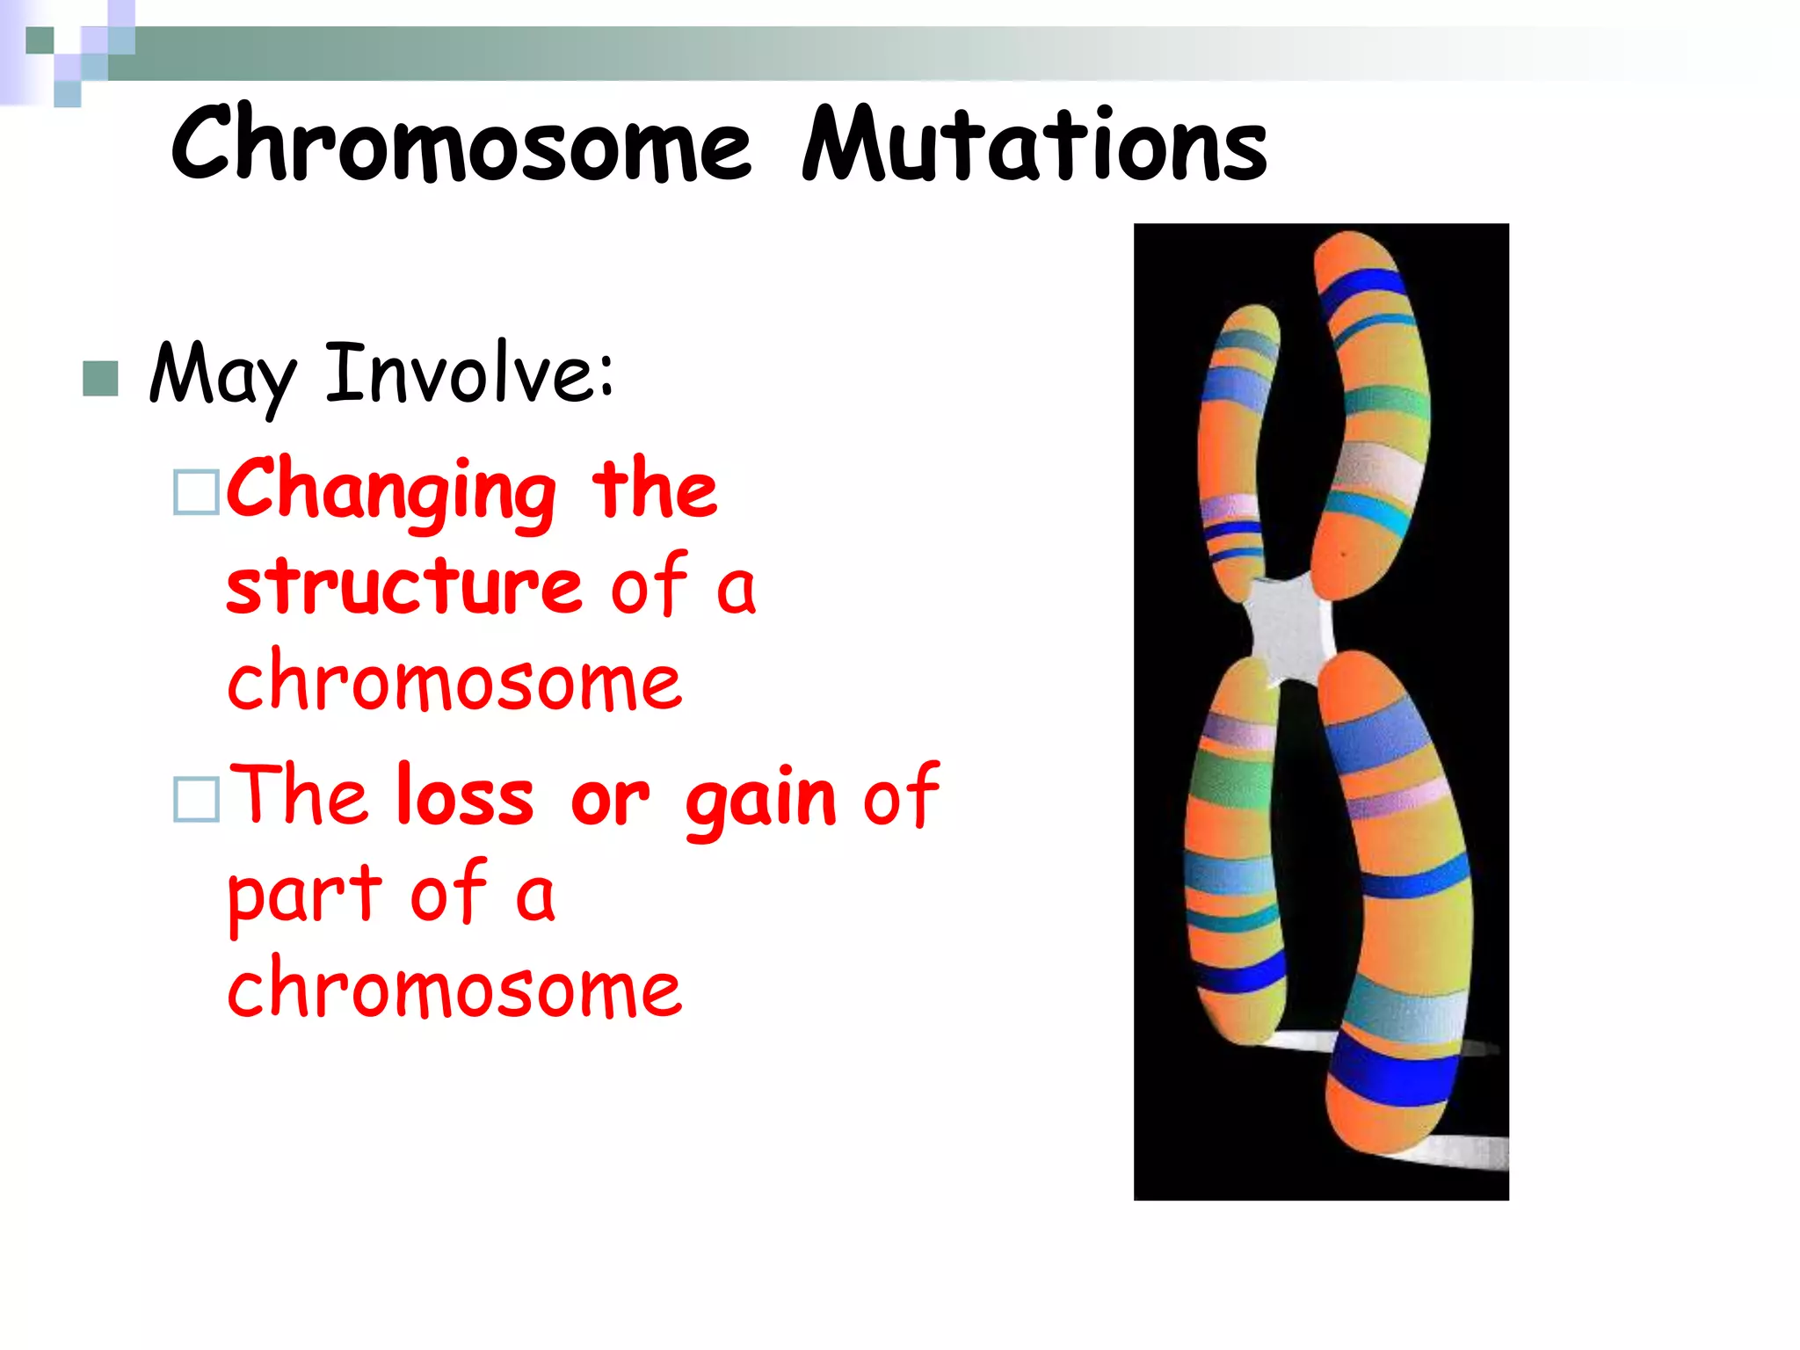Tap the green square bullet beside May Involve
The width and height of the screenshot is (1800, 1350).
point(100,379)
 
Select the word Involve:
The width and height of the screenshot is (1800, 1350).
point(469,374)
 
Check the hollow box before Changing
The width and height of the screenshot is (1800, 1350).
point(196,491)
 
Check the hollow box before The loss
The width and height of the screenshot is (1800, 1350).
point(196,799)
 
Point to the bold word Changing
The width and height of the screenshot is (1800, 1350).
point(391,492)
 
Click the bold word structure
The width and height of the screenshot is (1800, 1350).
point(404,587)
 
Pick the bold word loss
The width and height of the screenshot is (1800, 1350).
point(464,796)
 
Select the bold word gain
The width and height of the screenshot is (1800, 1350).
point(760,800)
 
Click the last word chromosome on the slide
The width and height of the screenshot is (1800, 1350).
point(454,990)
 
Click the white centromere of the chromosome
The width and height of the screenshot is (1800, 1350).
point(1287,627)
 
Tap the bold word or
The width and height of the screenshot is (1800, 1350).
point(609,800)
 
